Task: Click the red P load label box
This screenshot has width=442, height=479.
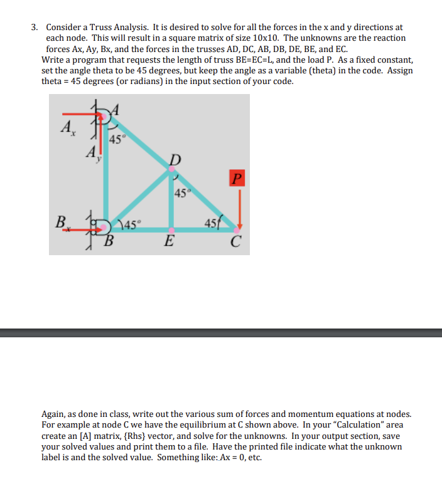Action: pyautogui.click(x=235, y=179)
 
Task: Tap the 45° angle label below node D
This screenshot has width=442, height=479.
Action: pyautogui.click(x=181, y=193)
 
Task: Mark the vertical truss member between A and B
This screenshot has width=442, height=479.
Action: pyautogui.click(x=105, y=176)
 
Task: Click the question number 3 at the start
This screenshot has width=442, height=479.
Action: pyautogui.click(x=35, y=28)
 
